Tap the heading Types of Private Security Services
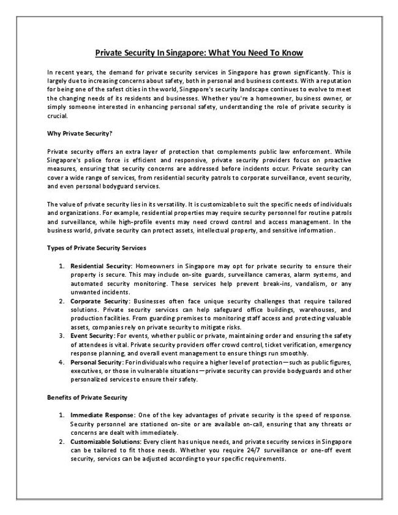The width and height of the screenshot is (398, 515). (96, 248)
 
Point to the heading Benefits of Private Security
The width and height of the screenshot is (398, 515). (87, 397)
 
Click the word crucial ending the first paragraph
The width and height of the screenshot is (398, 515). (58, 115)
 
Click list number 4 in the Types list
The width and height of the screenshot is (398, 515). (62, 363)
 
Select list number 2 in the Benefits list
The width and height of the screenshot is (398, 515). (62, 442)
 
